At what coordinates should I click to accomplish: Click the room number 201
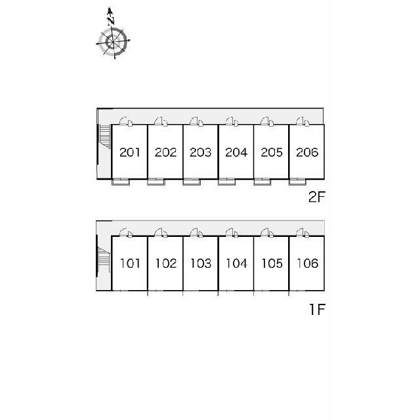pos(130,152)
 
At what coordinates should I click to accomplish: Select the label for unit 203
pos(200,152)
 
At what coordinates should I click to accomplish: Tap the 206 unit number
pos(307,152)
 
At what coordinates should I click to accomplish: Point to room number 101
pos(130,263)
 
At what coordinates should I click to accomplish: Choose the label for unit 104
pos(236,263)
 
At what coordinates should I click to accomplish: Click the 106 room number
pos(307,263)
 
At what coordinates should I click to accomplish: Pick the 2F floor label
pos(316,198)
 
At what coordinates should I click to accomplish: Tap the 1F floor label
pos(317,310)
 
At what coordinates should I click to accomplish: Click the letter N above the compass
pos(111,21)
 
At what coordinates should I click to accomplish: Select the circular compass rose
pos(113,41)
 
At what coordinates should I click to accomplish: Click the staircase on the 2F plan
pos(105,136)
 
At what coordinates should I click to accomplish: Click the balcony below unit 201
pos(121,182)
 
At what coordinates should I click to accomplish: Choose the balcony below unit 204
pos(227,182)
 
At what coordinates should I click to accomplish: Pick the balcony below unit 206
pos(297,182)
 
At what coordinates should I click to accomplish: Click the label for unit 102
pos(166,263)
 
